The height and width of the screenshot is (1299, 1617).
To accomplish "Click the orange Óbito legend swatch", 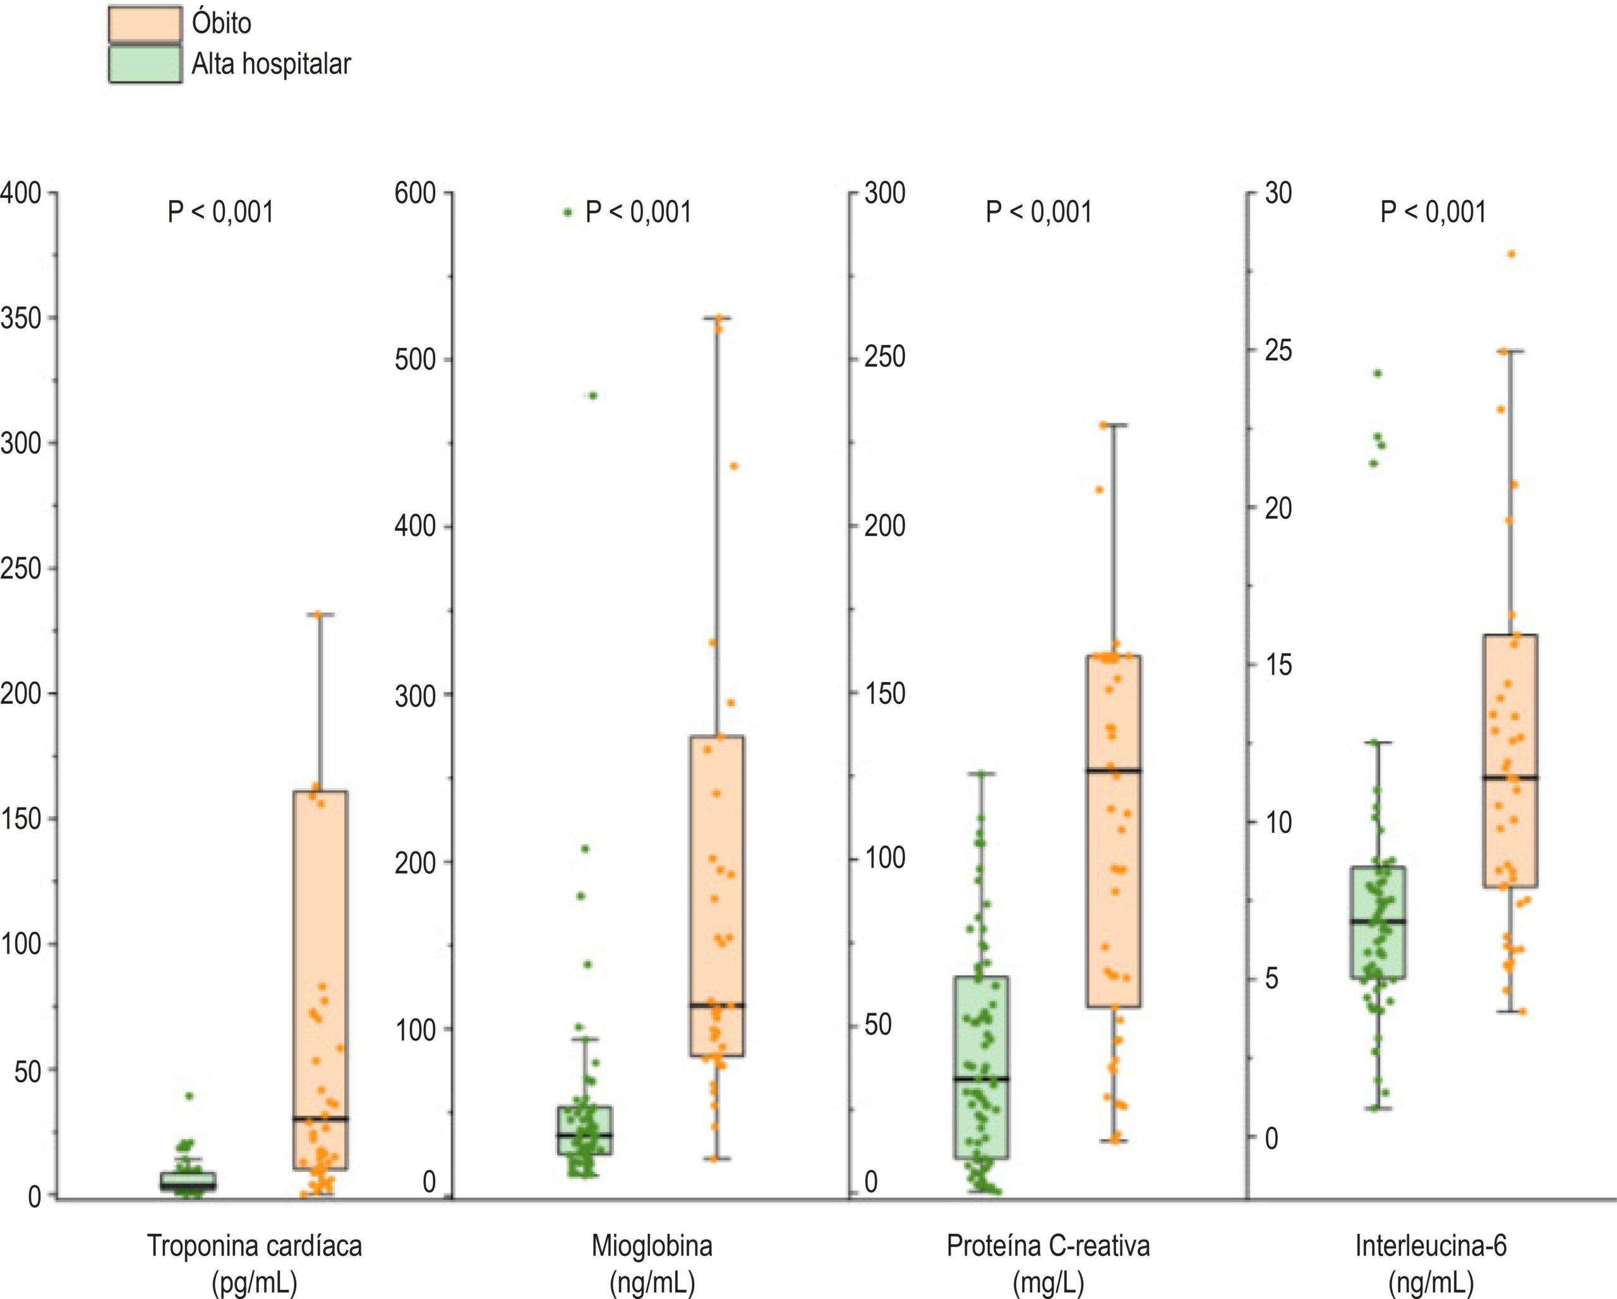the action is click(x=145, y=24).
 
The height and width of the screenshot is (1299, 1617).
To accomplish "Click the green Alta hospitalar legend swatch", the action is click(x=145, y=64).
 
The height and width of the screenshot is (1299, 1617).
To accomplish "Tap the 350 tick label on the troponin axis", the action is click(x=20, y=319).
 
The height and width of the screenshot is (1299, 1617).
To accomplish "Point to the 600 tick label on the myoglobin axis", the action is click(x=416, y=193).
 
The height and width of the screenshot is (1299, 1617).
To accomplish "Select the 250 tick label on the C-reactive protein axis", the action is click(x=885, y=357).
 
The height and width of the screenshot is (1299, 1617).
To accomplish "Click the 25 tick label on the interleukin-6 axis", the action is click(x=1278, y=350).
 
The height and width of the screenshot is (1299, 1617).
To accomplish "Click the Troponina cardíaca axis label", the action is click(x=255, y=1246).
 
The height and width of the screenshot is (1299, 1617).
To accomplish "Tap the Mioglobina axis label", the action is click(x=652, y=1246).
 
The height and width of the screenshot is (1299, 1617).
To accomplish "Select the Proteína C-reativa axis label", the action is click(x=1048, y=1246).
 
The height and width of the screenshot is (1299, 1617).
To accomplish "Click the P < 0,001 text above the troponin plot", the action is click(x=220, y=212).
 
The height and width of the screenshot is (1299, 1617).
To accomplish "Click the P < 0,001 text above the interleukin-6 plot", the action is click(x=1433, y=212).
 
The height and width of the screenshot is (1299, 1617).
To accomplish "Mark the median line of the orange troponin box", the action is click(x=320, y=1118).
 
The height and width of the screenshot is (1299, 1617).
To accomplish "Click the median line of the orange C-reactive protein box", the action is click(x=1114, y=770).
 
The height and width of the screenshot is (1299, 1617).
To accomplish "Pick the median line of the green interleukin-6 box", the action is click(x=1378, y=921).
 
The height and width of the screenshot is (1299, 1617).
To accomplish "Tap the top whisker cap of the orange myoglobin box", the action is click(x=716, y=318).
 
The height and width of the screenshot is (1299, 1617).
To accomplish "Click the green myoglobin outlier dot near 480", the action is click(x=592, y=396).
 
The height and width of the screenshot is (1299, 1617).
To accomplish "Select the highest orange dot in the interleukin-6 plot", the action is click(x=1512, y=254).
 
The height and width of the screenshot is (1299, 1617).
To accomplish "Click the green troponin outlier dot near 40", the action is click(x=189, y=1096).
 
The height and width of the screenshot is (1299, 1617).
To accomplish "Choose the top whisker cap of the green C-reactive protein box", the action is click(x=981, y=773).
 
